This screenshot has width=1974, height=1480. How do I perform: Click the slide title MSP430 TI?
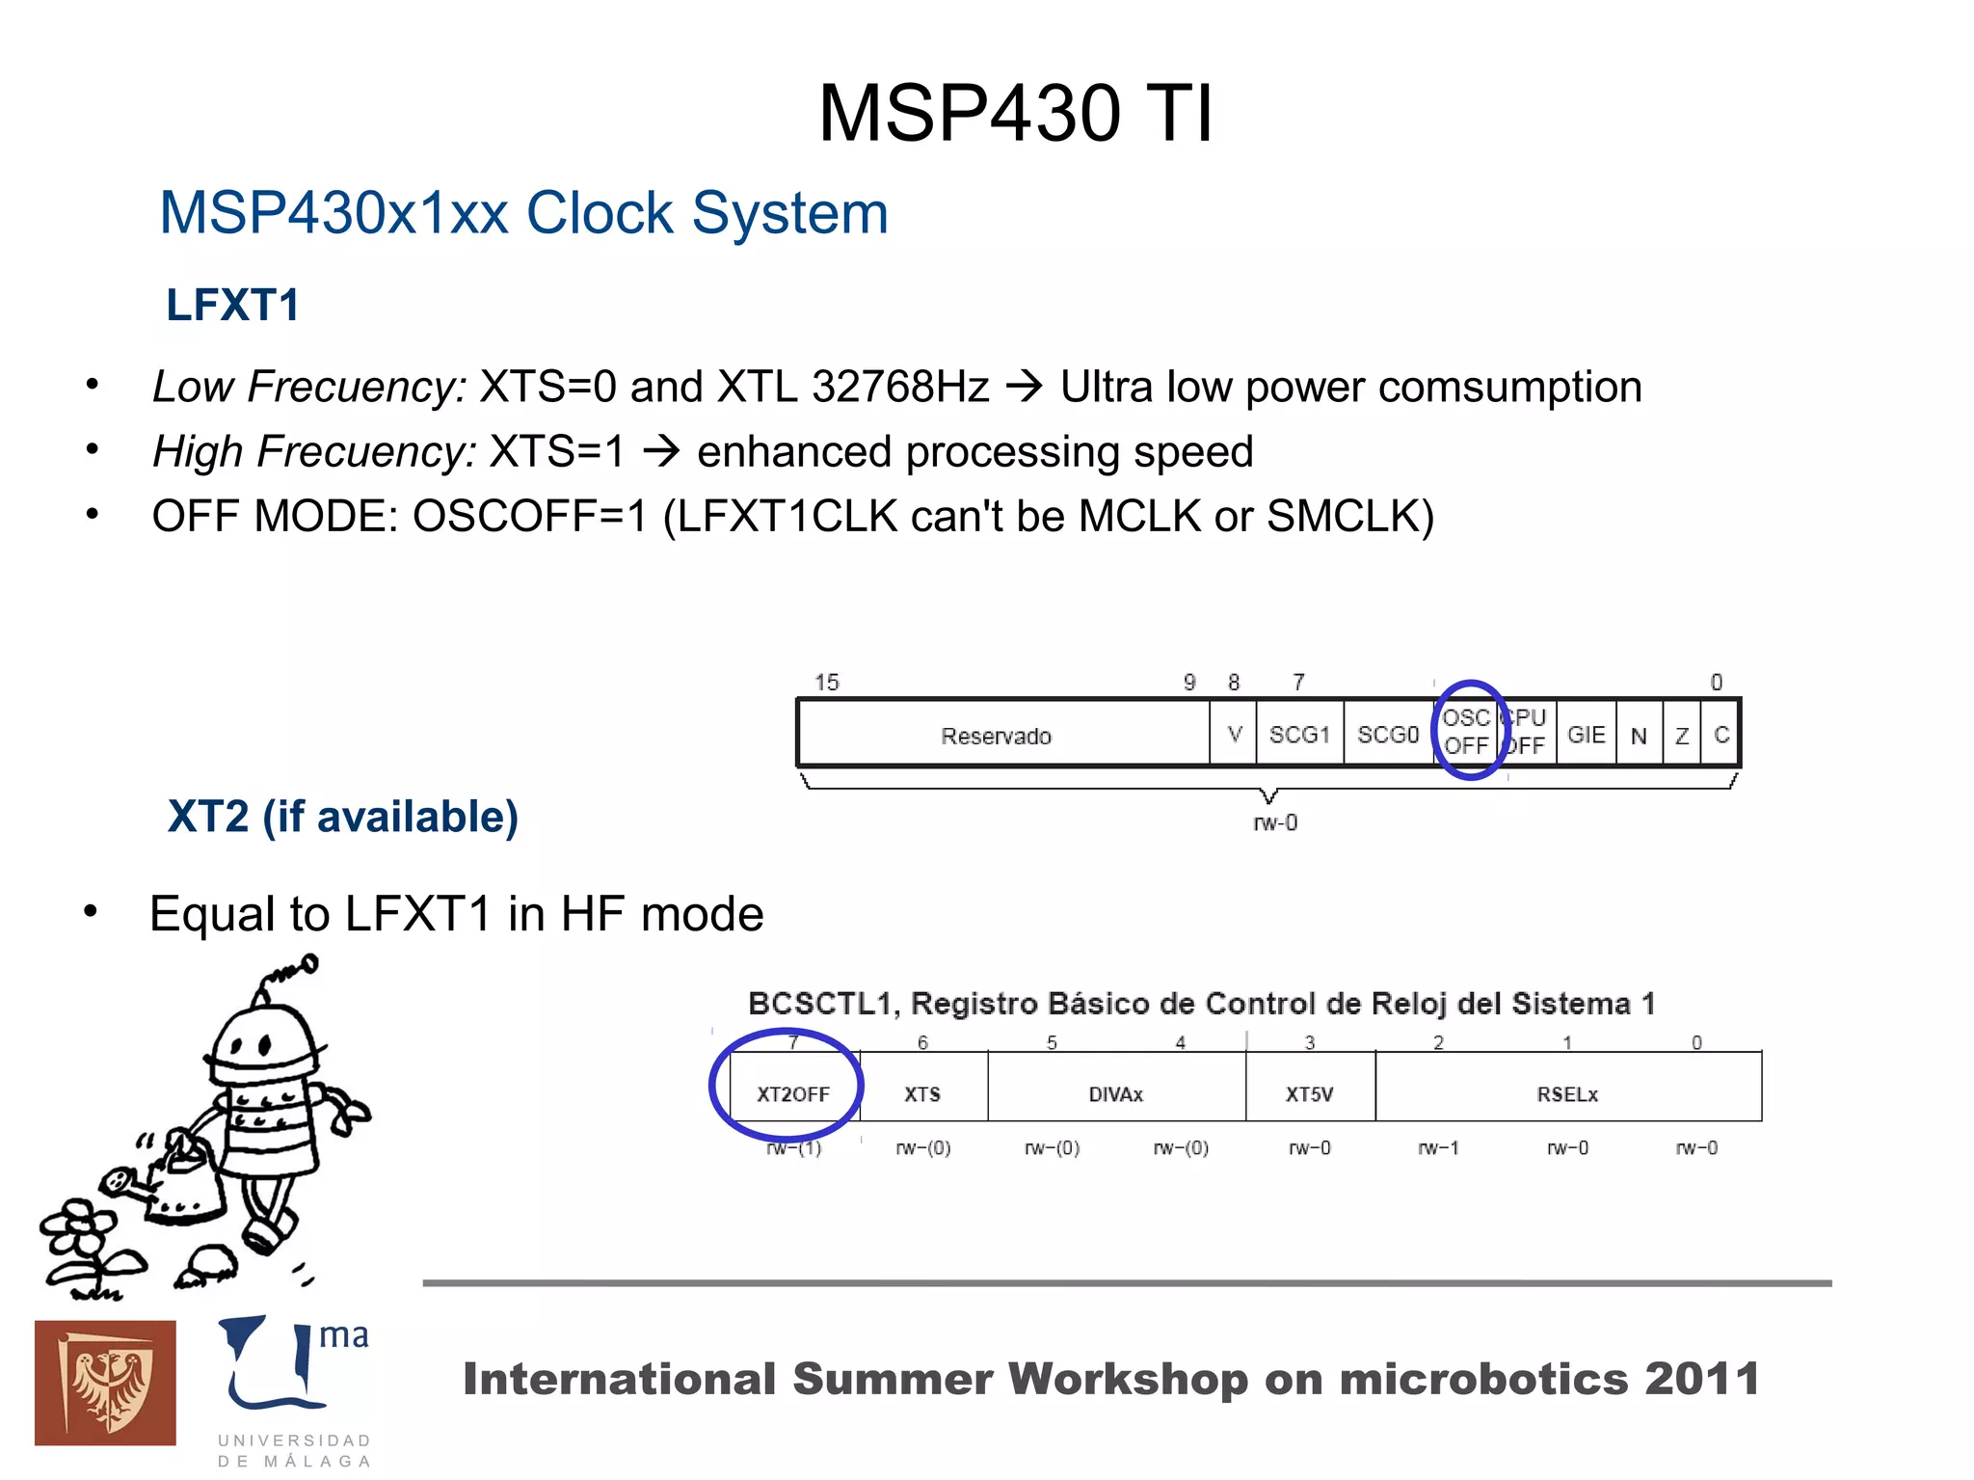(x=1015, y=114)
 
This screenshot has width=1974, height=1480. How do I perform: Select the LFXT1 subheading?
(x=232, y=306)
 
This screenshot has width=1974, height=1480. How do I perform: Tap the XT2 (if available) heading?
(x=343, y=817)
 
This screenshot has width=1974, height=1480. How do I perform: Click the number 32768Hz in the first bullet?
(x=900, y=387)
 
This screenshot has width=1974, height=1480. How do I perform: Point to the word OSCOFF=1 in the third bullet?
(x=530, y=516)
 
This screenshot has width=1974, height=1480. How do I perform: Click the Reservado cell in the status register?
(x=996, y=736)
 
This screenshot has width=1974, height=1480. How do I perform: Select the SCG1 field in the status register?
(x=1299, y=735)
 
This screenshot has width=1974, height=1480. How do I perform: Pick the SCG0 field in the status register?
(x=1388, y=735)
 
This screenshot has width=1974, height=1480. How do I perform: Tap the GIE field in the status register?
(x=1586, y=735)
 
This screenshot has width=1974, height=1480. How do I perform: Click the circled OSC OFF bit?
(x=1466, y=732)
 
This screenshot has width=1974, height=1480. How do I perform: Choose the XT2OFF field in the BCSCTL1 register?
(x=793, y=1093)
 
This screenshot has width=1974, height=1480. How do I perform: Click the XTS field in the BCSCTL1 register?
(x=922, y=1093)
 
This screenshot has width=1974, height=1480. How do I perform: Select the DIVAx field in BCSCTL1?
(x=1116, y=1093)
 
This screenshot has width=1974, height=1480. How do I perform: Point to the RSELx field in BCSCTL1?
(x=1567, y=1093)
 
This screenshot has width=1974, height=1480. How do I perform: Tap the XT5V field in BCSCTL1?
(x=1310, y=1093)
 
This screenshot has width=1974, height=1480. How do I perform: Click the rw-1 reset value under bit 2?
(x=1438, y=1147)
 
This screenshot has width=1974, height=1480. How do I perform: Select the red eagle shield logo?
(x=105, y=1382)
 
